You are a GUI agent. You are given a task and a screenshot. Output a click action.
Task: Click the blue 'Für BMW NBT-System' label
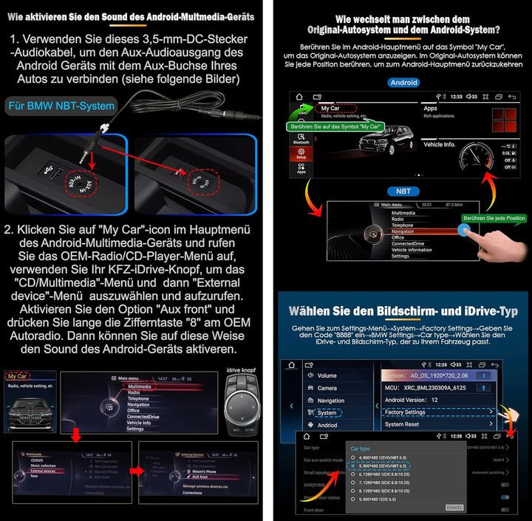62,106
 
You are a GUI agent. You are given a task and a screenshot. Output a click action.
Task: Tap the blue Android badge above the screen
403,83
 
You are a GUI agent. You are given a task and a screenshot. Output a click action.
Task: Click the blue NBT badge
403,190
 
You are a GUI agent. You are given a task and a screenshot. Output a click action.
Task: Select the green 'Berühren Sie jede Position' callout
494,218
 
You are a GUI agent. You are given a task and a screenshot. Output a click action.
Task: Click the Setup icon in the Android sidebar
301,154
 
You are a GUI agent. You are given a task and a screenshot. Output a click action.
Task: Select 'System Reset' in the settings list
403,424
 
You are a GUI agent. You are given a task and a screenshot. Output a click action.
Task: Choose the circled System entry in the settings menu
327,412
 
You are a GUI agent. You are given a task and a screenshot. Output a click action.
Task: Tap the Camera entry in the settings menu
327,388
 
